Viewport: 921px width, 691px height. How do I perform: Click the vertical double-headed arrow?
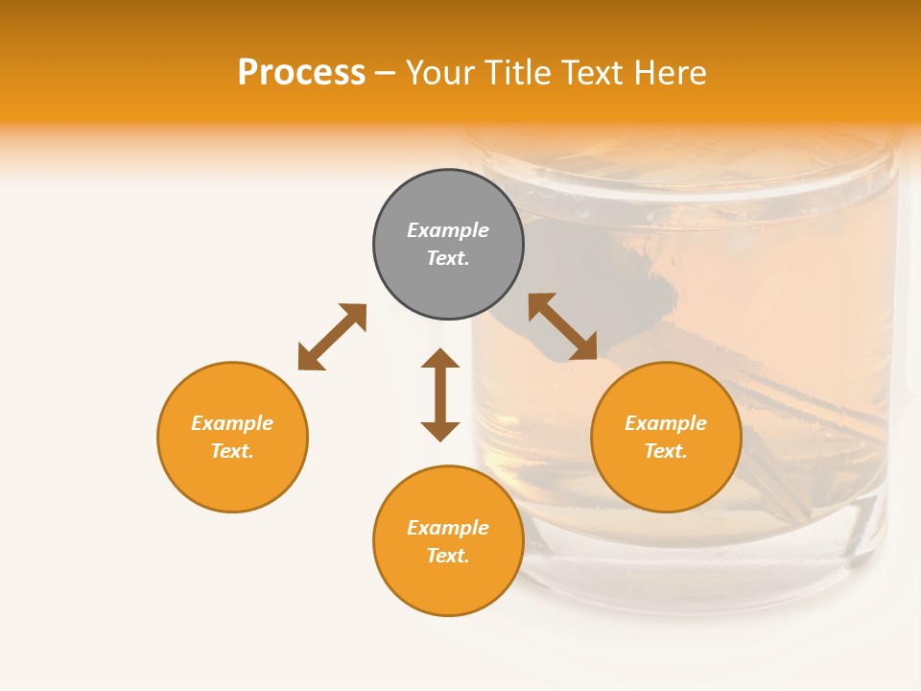pos(440,394)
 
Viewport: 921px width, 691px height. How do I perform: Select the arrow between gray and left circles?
pos(332,337)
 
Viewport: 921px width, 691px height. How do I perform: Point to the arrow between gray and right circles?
pos(563,326)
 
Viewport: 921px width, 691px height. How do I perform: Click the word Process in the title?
pos(301,73)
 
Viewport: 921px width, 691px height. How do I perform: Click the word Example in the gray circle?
pos(448,230)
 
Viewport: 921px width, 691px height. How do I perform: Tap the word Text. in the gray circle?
pos(448,258)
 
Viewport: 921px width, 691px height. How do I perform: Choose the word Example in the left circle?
pos(232,423)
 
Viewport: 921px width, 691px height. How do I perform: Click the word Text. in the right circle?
pos(666,451)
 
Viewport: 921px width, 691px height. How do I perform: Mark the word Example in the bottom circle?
pos(448,528)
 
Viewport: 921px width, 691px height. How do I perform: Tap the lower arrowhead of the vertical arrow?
pos(440,431)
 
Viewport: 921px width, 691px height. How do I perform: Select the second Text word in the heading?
pos(591,73)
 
